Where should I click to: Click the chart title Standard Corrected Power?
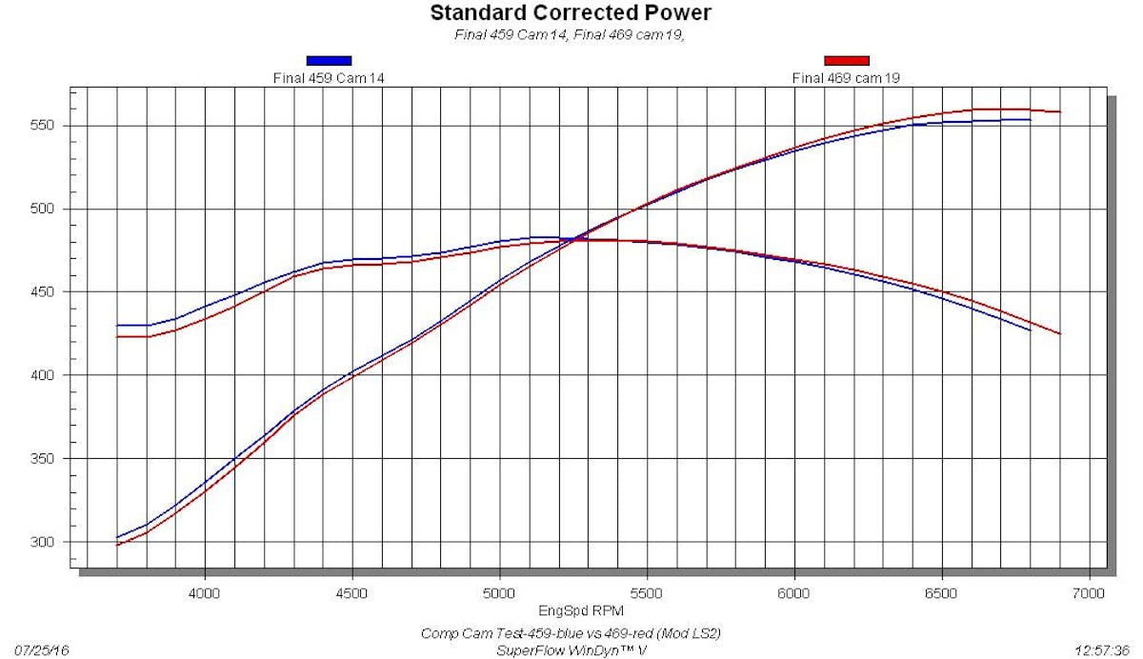click(x=571, y=13)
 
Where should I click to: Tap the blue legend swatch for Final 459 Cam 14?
click(x=329, y=61)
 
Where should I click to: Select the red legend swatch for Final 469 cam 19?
click(x=846, y=61)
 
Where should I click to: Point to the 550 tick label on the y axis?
click(x=50, y=126)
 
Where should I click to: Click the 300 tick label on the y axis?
click(x=50, y=542)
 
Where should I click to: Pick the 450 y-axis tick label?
click(x=50, y=292)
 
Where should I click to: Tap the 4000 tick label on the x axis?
click(x=205, y=592)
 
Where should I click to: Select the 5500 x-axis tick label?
click(x=647, y=592)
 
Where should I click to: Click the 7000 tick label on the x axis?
click(x=1088, y=592)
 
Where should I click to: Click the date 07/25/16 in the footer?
click(x=36, y=650)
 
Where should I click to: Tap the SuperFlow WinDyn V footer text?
click(x=572, y=650)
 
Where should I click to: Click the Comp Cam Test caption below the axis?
click(x=572, y=634)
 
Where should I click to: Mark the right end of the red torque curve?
click(x=1059, y=333)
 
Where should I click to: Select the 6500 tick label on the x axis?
click(x=941, y=592)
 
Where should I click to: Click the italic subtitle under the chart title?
click(x=571, y=36)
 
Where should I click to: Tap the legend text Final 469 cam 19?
click(x=846, y=77)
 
